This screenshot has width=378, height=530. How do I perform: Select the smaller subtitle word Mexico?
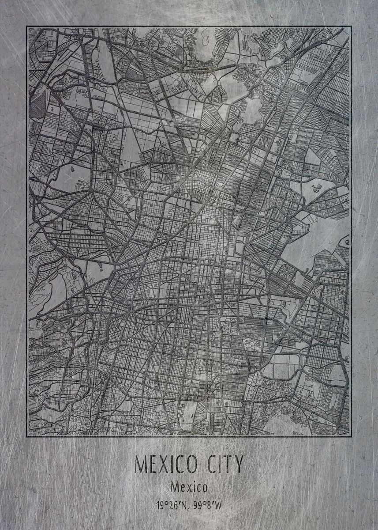pos(189,488)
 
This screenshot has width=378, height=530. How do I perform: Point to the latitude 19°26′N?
pos(171,505)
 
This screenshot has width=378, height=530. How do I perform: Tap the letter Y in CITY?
pos(237,464)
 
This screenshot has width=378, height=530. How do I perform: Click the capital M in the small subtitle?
pos(174,488)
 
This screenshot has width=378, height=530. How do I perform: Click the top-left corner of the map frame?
pos(27,26)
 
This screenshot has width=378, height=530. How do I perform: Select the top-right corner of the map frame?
pos(351,26)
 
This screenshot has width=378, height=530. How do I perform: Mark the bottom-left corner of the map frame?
pos(27,436)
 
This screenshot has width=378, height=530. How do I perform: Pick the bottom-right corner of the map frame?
pos(351,436)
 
